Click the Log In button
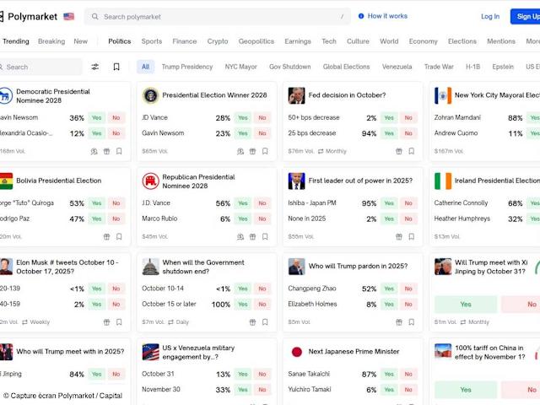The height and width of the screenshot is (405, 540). (490, 16)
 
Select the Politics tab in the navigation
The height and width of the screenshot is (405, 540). (120, 41)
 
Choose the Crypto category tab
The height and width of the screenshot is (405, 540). (218, 41)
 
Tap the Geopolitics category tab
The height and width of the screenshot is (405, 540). (256, 41)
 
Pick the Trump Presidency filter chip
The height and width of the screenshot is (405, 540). (187, 67)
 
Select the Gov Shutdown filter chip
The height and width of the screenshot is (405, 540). (289, 67)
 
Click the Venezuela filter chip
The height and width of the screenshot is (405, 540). (397, 67)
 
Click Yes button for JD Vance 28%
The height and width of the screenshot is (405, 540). (242, 118)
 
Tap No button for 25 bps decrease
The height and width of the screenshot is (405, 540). (408, 133)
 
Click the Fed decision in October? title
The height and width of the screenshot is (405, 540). (348, 95)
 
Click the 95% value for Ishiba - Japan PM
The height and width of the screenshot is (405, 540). (369, 203)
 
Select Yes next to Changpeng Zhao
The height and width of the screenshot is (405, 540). (389, 289)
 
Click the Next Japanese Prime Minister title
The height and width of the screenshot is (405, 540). (354, 351)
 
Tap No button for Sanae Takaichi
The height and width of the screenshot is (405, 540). (408, 374)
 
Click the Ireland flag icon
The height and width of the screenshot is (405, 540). (443, 181)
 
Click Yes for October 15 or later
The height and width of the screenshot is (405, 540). (242, 304)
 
